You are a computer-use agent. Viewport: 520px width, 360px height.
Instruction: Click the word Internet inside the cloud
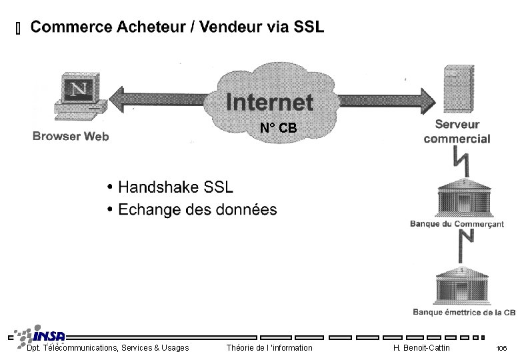click(269, 102)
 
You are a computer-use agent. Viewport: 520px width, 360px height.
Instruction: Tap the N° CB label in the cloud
click(278, 128)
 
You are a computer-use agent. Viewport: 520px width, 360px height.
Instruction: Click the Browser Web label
click(71, 137)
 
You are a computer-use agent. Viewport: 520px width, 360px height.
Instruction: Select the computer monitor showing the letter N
click(79, 90)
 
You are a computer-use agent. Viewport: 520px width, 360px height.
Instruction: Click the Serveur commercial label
click(457, 131)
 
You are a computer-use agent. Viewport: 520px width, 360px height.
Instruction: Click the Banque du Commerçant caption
click(457, 225)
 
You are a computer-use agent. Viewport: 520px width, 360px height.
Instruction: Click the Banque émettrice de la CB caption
click(464, 312)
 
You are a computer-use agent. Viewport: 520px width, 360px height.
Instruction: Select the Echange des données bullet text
click(197, 210)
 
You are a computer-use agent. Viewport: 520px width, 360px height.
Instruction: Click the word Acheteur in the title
click(149, 27)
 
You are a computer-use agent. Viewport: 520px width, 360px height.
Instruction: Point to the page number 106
click(501, 349)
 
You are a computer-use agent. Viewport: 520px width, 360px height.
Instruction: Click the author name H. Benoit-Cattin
click(421, 348)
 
